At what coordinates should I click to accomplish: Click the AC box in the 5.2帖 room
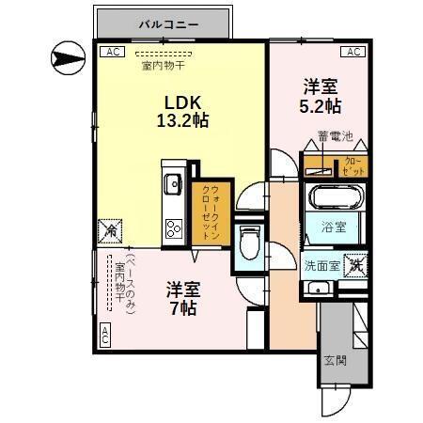[x=352, y=52]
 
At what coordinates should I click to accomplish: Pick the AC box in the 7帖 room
[x=104, y=333]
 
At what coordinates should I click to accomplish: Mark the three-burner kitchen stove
[x=173, y=228]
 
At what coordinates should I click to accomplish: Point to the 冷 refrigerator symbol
[x=107, y=228]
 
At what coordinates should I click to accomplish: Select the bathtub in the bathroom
[x=334, y=200]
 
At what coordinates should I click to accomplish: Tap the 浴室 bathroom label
[x=334, y=227]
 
